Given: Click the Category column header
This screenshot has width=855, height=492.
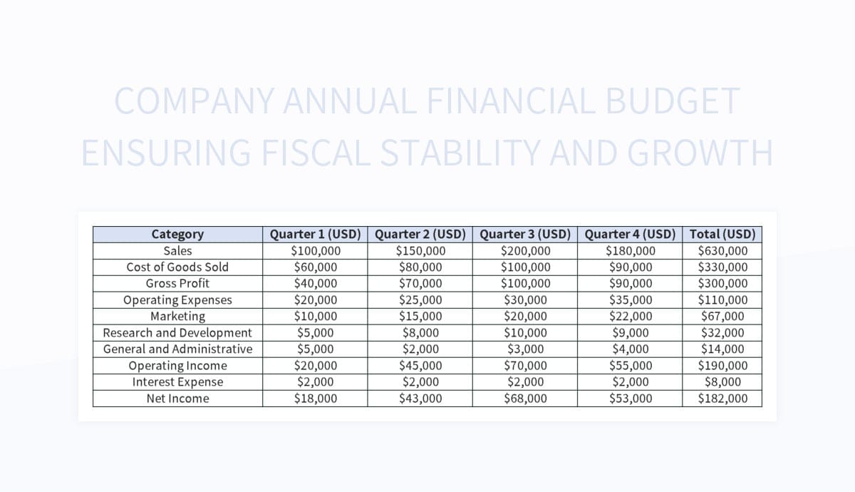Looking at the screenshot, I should pyautogui.click(x=177, y=234).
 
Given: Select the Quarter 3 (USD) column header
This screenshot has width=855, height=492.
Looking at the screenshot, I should pyautogui.click(x=525, y=234).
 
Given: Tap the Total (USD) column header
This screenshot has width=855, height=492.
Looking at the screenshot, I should pyautogui.click(x=722, y=234).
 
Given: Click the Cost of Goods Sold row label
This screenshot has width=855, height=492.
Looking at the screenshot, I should pyautogui.click(x=177, y=267).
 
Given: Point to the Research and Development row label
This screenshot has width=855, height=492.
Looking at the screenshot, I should pyautogui.click(x=177, y=332).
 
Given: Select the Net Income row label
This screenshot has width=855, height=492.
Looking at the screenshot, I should pyautogui.click(x=177, y=398).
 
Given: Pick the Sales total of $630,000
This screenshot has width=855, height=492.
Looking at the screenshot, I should pyautogui.click(x=722, y=250).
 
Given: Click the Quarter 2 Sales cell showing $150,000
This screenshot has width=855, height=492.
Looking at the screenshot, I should pyautogui.click(x=420, y=250).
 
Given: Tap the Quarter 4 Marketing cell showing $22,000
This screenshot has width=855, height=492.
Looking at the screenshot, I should pyautogui.click(x=631, y=316).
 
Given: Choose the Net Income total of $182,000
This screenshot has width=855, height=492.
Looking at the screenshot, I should pyautogui.click(x=722, y=398).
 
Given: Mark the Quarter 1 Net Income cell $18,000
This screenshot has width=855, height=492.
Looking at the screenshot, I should pyautogui.click(x=316, y=398).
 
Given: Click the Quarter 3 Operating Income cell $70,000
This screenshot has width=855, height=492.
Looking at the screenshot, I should pyautogui.click(x=525, y=365).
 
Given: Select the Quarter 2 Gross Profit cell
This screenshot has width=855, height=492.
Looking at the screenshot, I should pyautogui.click(x=420, y=283).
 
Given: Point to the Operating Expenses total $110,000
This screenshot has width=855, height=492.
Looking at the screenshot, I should pyautogui.click(x=722, y=299).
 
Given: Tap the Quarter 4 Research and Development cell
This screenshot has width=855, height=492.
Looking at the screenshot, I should pyautogui.click(x=631, y=332).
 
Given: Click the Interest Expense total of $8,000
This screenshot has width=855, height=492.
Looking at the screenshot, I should pyautogui.click(x=722, y=381).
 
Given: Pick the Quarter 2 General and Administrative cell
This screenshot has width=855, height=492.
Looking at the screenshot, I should pyautogui.click(x=420, y=349).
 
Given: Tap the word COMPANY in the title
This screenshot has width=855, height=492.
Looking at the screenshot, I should pyautogui.click(x=193, y=101).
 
